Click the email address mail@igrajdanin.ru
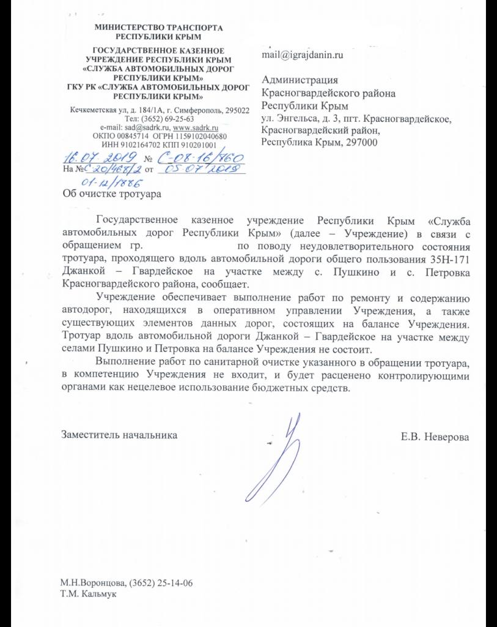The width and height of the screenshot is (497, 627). pos(302,54)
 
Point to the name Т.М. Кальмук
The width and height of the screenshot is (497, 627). pos(89,593)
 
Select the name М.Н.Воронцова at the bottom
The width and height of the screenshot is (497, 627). pos(92,582)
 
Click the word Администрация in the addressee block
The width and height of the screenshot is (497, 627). pos(300,80)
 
